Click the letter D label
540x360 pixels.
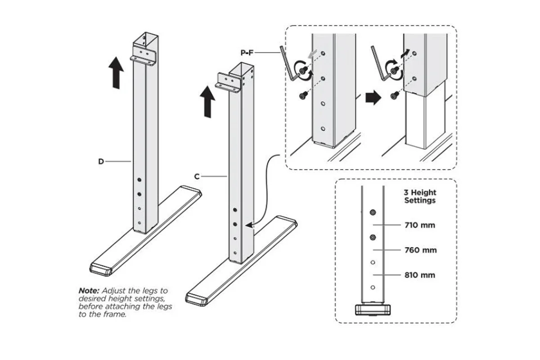click(101, 161)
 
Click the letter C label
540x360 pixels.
click(197, 176)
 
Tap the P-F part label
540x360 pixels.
click(247, 52)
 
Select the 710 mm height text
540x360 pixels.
click(420, 225)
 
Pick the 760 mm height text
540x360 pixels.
click(420, 250)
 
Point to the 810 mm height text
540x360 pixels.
click(420, 275)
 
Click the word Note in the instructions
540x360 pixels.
click(89, 290)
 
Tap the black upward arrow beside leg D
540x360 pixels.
click(116, 73)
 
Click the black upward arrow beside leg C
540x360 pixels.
click(207, 102)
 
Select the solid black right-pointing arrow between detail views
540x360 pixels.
click(373, 98)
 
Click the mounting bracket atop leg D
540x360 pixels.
click(143, 56)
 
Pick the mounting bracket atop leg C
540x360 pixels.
click(228, 83)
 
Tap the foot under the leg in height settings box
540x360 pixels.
click(373, 310)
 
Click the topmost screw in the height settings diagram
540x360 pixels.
click(373, 212)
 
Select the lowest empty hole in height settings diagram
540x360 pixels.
click(373, 288)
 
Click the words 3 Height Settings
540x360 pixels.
click(420, 196)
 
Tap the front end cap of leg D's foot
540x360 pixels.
click(101, 270)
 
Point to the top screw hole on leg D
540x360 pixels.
click(139, 180)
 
